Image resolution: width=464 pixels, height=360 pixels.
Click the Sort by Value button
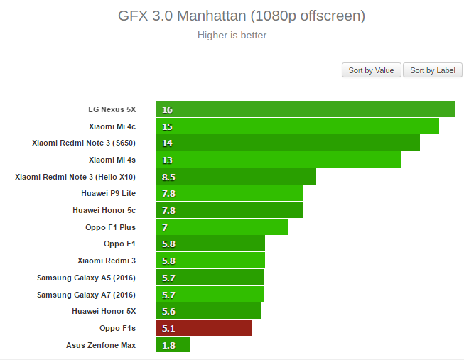(371, 70)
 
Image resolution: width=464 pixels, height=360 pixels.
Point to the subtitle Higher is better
(232, 35)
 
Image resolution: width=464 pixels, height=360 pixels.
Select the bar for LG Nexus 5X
(305, 109)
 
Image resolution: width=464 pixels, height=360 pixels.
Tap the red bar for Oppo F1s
(204, 328)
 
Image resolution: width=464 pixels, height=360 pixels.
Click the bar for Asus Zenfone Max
(173, 345)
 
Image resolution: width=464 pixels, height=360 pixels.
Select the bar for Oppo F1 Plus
(222, 227)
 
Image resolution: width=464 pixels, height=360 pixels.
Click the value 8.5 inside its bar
(169, 177)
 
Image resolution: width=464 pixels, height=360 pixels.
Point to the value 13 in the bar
(168, 160)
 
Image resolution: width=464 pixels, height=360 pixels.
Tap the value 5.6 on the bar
(169, 311)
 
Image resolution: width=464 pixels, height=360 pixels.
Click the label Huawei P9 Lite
(109, 193)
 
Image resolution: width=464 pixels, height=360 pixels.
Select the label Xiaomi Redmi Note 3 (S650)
(84, 143)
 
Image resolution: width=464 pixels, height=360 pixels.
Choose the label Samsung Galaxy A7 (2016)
(86, 295)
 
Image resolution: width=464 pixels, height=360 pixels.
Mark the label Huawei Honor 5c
(104, 210)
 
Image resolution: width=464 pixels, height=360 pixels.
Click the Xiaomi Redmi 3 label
(107, 261)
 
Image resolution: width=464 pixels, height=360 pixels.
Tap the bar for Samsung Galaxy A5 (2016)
(210, 278)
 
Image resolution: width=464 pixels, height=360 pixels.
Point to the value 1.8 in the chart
(169, 345)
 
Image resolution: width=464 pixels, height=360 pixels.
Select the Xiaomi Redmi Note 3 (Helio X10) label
(75, 177)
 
